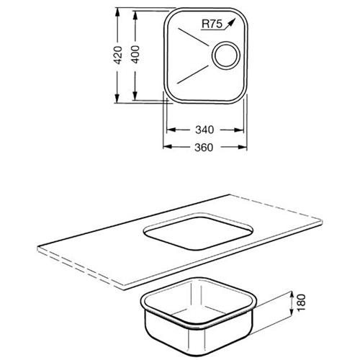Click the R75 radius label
click(x=212, y=24)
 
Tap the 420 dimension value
click(x=118, y=55)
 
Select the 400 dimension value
click(x=135, y=55)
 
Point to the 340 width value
click(x=204, y=130)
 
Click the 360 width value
click(x=204, y=148)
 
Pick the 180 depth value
click(x=302, y=302)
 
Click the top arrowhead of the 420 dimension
click(x=117, y=12)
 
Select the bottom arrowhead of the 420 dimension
click(x=117, y=99)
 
